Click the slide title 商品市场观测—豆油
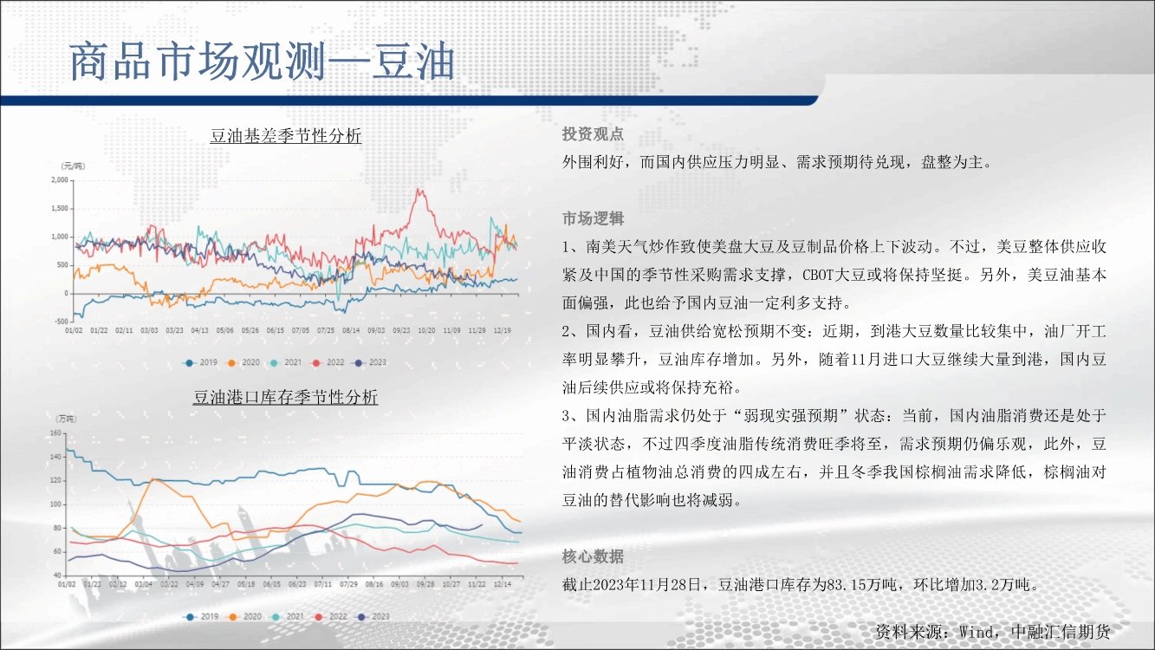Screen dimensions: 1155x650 pyautogui.click(x=262, y=62)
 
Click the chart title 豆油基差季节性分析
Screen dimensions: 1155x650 pyautogui.click(x=286, y=136)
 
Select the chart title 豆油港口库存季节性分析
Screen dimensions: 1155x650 pyautogui.click(x=286, y=397)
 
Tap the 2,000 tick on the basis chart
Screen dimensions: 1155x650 pyautogui.click(x=60, y=180)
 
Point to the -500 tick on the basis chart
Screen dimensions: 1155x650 pyautogui.click(x=62, y=322)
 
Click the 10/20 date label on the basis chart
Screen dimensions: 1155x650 pyautogui.click(x=426, y=330)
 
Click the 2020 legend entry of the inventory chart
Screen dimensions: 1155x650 pyautogui.click(x=244, y=616)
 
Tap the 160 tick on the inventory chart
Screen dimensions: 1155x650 pyautogui.click(x=55, y=432)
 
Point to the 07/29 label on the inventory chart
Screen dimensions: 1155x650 pyautogui.click(x=348, y=584)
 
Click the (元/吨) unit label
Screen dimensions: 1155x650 pyautogui.click(x=74, y=166)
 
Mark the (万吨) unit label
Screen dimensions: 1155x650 pyautogui.click(x=66, y=419)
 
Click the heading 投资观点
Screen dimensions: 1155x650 pyautogui.click(x=593, y=134)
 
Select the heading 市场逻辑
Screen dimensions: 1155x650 pyautogui.click(x=593, y=218)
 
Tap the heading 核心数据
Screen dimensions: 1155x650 pyautogui.click(x=593, y=556)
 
